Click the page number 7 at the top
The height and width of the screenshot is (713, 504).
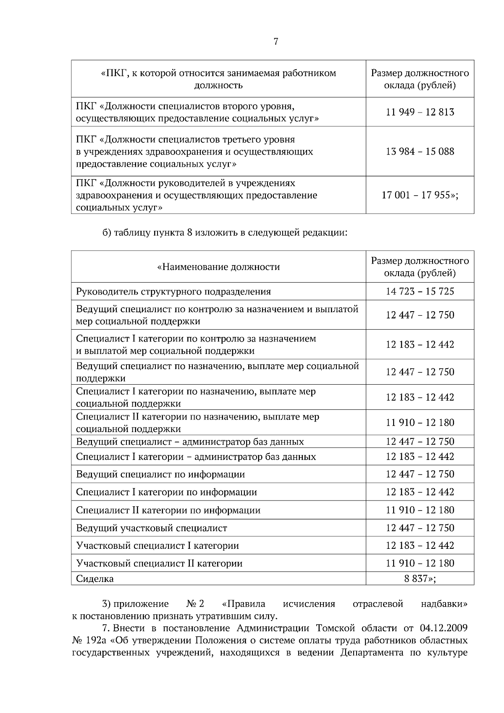click(276, 42)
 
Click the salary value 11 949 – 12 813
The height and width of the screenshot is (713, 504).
click(420, 112)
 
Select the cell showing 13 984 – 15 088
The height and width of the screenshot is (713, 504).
click(420, 151)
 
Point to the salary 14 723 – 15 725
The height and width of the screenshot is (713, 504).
click(420, 291)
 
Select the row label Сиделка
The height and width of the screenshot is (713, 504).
click(95, 579)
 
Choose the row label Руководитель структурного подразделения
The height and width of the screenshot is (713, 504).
click(173, 291)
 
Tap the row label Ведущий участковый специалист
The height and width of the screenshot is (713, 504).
click(151, 528)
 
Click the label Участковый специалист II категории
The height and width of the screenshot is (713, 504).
click(159, 563)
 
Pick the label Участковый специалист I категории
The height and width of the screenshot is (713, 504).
click(157, 545)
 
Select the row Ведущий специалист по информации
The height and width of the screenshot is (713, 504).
click(160, 474)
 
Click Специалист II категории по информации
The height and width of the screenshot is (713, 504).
click(168, 510)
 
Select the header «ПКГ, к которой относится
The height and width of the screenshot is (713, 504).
click(218, 73)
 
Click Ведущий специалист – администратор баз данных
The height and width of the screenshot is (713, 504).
click(190, 441)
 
